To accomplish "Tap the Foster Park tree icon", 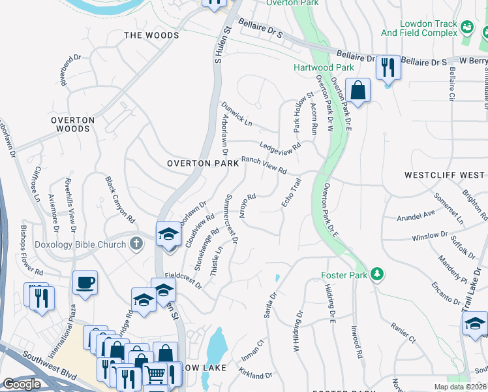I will [x=376, y=273].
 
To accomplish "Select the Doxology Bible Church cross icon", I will [x=136, y=244].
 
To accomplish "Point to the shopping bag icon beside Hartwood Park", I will [x=358, y=90].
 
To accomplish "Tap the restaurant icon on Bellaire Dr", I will [x=388, y=67].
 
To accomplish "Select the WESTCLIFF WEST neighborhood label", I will [x=444, y=175].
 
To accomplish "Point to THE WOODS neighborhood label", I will [x=151, y=35].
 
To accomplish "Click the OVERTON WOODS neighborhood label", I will [x=72, y=124].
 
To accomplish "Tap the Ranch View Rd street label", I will [x=264, y=165].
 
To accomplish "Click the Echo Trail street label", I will [x=291, y=193].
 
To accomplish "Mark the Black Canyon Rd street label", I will [x=120, y=199].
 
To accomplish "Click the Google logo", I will [x=22, y=384].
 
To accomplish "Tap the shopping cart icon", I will [x=155, y=375].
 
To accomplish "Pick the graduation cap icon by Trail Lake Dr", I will [x=475, y=323].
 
